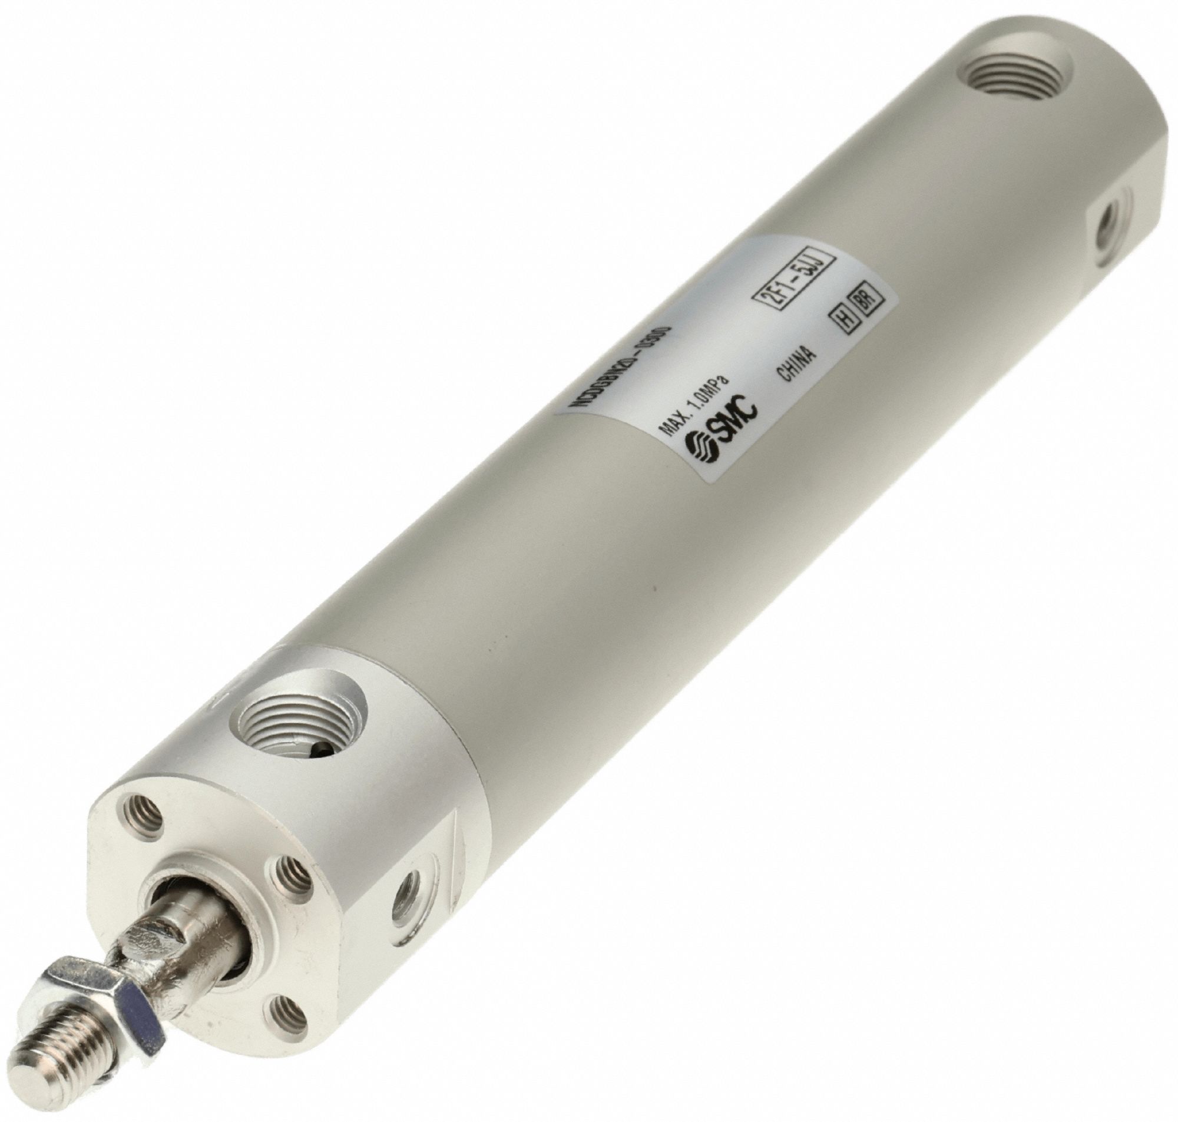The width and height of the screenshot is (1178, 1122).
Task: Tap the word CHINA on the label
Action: tap(796, 365)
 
